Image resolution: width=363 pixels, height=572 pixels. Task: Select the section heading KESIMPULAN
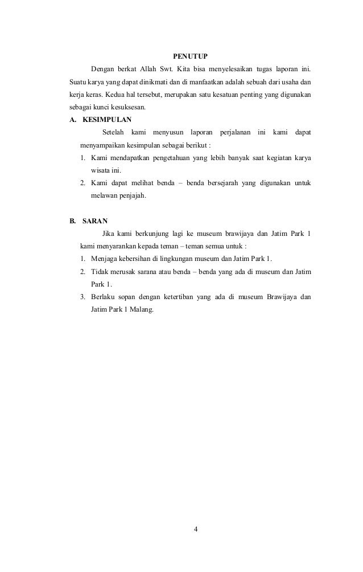(x=107, y=120)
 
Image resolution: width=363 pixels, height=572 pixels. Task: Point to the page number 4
(x=195, y=529)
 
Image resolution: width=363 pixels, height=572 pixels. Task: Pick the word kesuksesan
(x=130, y=107)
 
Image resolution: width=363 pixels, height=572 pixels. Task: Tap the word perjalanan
(x=234, y=133)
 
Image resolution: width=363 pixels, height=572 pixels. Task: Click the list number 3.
(x=82, y=297)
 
